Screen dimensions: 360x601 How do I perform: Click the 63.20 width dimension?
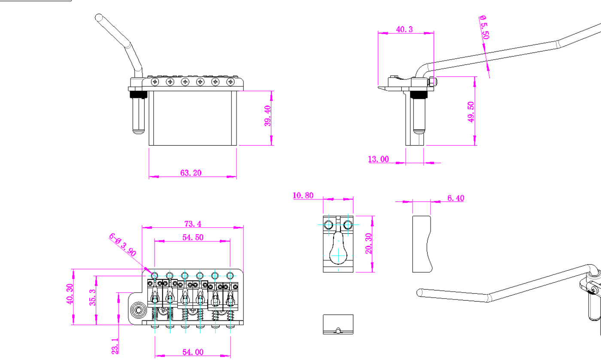pos(191,173)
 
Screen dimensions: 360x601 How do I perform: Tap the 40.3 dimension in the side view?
pos(404,29)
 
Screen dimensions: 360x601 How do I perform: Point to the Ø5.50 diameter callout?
pos(484,27)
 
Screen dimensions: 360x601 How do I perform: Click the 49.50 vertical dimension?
pos(471,112)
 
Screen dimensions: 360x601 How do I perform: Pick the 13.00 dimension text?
pos(378,159)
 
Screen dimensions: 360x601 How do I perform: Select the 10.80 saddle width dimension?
pos(303,195)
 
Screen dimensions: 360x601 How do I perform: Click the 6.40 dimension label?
pos(455,198)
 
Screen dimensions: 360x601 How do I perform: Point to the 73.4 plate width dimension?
pos(193,223)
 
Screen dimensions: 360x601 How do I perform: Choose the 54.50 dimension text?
pos(193,237)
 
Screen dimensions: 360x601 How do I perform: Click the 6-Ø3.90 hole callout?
pos(122,244)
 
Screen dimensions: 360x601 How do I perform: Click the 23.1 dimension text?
pos(115,345)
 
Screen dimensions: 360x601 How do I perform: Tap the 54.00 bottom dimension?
pos(193,352)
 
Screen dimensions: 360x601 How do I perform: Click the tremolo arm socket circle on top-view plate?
pos(139,309)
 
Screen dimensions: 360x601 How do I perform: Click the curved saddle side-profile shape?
pos(422,244)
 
